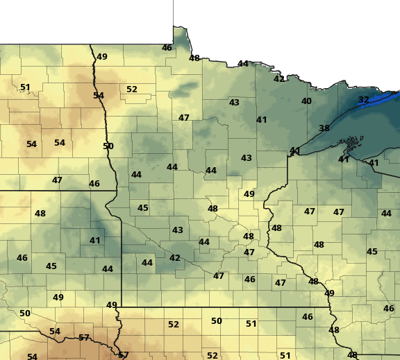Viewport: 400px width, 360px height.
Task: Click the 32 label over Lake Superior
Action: pyautogui.click(x=364, y=100)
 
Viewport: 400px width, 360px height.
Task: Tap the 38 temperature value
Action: pyautogui.click(x=324, y=128)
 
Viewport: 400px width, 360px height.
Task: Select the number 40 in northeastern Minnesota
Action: pyautogui.click(x=306, y=101)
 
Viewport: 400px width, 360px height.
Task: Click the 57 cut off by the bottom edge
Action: pyautogui.click(x=124, y=355)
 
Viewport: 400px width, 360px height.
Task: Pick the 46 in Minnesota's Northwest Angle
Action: pyautogui.click(x=167, y=48)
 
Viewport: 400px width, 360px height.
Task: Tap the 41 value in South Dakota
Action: pyautogui.click(x=95, y=241)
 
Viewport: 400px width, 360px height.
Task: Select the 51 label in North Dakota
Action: pyautogui.click(x=25, y=87)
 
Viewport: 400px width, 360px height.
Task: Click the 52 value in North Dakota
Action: pyautogui.click(x=132, y=89)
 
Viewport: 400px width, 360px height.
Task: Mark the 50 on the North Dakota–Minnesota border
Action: pyautogui.click(x=108, y=146)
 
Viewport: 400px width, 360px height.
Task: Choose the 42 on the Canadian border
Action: pyautogui.click(x=279, y=79)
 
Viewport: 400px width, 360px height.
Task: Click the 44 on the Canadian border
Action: pyautogui.click(x=243, y=64)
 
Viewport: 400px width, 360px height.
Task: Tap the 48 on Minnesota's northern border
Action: pyautogui.click(x=194, y=58)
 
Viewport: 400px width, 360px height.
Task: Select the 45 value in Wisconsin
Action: pyautogui.click(x=372, y=252)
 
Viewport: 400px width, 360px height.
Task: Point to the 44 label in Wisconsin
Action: pyautogui.click(x=386, y=214)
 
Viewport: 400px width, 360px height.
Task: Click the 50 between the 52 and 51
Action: pyautogui.click(x=217, y=321)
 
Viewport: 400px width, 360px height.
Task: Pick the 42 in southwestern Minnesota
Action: pyautogui.click(x=175, y=258)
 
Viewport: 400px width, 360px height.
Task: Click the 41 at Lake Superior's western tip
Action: pyautogui.click(x=295, y=151)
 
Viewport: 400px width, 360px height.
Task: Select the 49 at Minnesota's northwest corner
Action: pyautogui.click(x=102, y=57)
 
